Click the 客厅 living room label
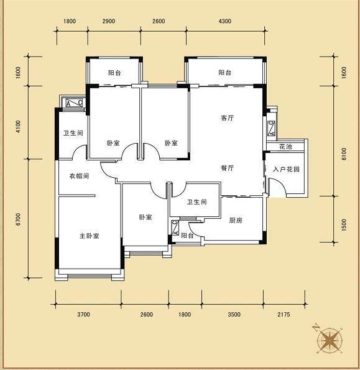click(228, 118)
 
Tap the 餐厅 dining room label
click(228, 168)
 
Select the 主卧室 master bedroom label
click(90, 236)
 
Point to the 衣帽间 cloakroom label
click(79, 176)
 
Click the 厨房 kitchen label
click(236, 220)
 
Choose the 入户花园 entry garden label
click(287, 169)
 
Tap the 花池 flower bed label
click(285, 147)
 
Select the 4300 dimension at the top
click(225, 21)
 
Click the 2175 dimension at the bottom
click(284, 314)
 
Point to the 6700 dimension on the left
click(18, 220)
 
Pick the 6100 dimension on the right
click(344, 154)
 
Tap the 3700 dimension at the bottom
click(83, 314)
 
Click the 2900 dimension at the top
click(109, 21)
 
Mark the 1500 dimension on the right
click(344, 225)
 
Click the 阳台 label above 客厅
click(225, 72)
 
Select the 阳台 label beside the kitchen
click(187, 236)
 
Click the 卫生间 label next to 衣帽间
click(73, 133)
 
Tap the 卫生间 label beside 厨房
click(197, 202)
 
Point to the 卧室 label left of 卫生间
click(145, 217)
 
